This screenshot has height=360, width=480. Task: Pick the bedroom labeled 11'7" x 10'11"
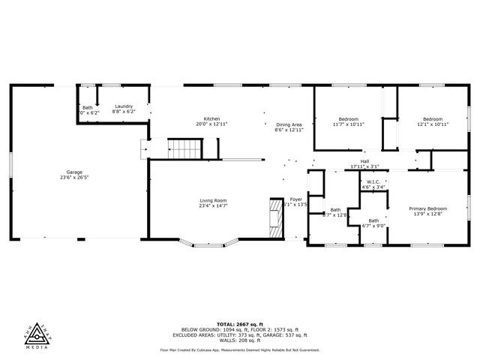[348, 121]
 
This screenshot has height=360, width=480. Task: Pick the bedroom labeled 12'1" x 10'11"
[432, 121]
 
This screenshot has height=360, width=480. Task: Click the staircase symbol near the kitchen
[184, 148]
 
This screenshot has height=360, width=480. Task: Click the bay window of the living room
[209, 242]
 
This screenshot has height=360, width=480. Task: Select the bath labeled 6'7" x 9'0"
[373, 223]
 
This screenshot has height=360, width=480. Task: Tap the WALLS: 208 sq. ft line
[240, 340]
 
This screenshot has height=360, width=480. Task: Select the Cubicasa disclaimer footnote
[240, 349]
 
